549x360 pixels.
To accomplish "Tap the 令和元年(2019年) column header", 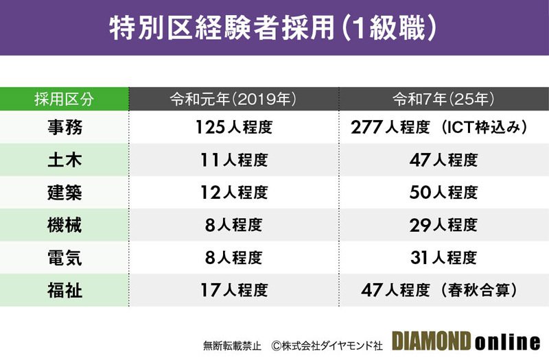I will coord(233,99).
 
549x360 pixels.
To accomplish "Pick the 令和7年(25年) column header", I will coord(443,99).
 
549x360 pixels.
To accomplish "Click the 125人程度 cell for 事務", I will coord(233,128).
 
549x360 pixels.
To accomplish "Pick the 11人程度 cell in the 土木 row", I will coord(233,160).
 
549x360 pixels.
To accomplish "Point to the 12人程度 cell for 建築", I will coord(233,193).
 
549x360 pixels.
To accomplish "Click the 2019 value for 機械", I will coord(233,225).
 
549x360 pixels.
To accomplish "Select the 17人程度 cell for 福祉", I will coord(233,290).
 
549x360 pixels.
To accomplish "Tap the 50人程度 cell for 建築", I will coord(443,193).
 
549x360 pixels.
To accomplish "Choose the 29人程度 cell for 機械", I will coord(443,225).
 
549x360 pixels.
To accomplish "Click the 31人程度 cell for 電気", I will coord(443,258).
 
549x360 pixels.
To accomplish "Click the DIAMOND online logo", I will coord(466,341).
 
